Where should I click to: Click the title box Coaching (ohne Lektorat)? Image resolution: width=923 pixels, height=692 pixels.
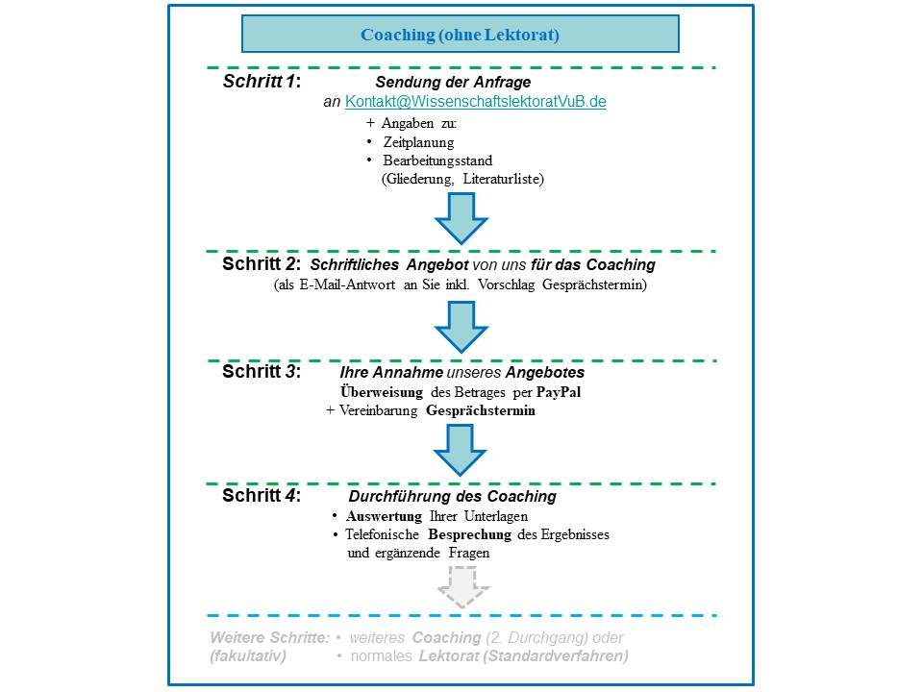point(461,35)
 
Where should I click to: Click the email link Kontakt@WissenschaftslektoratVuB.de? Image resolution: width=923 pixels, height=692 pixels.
point(476,102)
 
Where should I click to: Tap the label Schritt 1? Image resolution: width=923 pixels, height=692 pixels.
point(262,81)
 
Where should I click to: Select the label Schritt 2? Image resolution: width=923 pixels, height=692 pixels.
point(262,264)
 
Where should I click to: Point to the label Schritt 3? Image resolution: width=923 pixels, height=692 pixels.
point(262,371)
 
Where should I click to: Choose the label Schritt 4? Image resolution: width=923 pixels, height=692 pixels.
point(262,496)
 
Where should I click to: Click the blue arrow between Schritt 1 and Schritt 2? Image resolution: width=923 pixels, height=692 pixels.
point(461,218)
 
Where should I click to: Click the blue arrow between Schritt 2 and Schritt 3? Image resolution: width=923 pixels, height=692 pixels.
point(461,327)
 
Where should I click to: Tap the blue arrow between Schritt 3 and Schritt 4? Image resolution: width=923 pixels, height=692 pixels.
point(460,450)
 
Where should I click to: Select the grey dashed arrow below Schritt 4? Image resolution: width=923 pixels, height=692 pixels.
point(463,587)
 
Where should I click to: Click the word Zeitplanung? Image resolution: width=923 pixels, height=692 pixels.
point(418,142)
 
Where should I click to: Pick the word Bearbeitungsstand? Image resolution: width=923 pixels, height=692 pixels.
point(438,161)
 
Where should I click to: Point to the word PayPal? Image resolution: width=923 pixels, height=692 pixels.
point(559,392)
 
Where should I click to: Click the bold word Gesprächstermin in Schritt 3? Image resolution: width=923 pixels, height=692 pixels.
point(481,410)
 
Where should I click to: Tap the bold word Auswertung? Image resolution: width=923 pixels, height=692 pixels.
point(384,517)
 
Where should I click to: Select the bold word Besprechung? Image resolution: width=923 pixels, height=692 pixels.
point(470,535)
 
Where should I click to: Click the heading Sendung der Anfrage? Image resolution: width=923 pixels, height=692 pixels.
point(453,82)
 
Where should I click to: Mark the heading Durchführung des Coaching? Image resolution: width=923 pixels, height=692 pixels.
point(453,496)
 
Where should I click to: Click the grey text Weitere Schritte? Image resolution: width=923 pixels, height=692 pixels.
point(269,637)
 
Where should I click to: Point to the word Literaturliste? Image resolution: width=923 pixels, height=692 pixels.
point(503,179)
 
